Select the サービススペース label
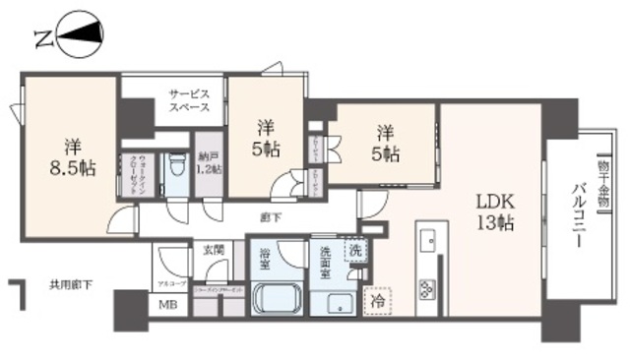point(188,98)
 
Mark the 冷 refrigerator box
point(378,299)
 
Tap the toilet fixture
point(177,167)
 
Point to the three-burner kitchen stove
point(429,288)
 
